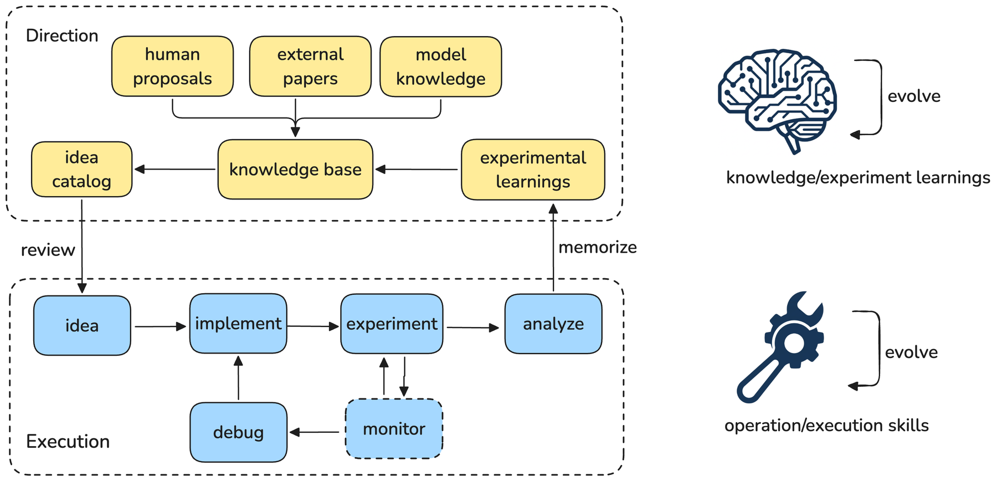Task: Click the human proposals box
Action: (172, 66)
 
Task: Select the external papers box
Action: (310, 66)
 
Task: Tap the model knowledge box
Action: (441, 66)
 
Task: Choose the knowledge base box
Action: (295, 169)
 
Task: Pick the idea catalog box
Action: (81, 169)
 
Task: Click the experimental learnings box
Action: (533, 170)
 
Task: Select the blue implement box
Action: (238, 324)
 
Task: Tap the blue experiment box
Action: (392, 324)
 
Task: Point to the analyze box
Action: (553, 324)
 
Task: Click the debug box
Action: (238, 432)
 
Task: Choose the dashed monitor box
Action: (394, 429)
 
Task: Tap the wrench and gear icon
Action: (780, 347)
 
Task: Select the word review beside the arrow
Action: (48, 250)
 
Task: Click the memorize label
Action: (598, 247)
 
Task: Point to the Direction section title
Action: (62, 35)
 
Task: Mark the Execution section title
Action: (68, 441)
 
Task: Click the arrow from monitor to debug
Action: (315, 432)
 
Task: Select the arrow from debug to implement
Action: (238, 378)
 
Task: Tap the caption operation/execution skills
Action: (826, 426)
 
